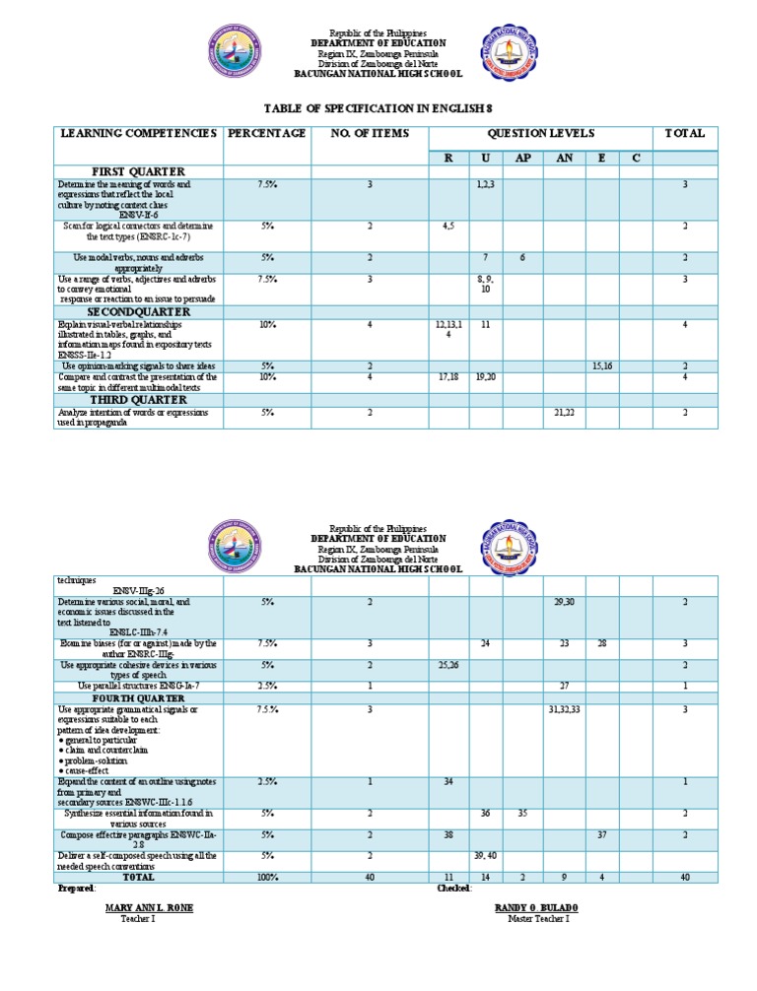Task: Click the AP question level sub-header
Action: pos(522,158)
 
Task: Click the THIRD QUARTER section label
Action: pos(139,400)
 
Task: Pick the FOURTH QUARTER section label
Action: pos(139,698)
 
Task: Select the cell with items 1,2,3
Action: pos(485,184)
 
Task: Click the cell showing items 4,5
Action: pos(448,226)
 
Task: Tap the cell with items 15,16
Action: pos(603,366)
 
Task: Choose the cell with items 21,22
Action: pos(564,413)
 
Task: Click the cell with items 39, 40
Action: pos(485,856)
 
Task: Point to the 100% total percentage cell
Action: pos(267,877)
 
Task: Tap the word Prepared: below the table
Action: pos(76,888)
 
